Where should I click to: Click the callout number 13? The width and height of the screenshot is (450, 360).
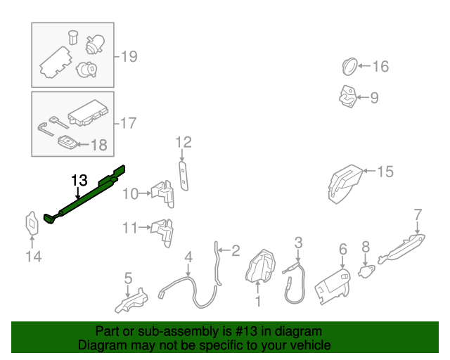coord(79,181)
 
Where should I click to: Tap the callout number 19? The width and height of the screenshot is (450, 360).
coord(129,56)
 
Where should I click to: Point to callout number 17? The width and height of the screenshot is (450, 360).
coord(127,124)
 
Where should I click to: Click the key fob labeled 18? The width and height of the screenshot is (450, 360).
coord(66,143)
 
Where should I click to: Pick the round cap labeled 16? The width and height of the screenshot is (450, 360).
coord(349,66)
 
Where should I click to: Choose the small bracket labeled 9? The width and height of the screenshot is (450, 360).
coord(347,96)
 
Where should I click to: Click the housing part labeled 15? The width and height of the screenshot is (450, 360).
coord(345,182)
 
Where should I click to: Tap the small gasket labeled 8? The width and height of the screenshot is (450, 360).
coord(366,269)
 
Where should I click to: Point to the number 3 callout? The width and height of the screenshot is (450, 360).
coord(298,243)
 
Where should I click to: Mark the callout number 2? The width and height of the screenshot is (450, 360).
coord(236,250)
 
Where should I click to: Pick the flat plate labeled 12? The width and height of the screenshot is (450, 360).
coord(184,172)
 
